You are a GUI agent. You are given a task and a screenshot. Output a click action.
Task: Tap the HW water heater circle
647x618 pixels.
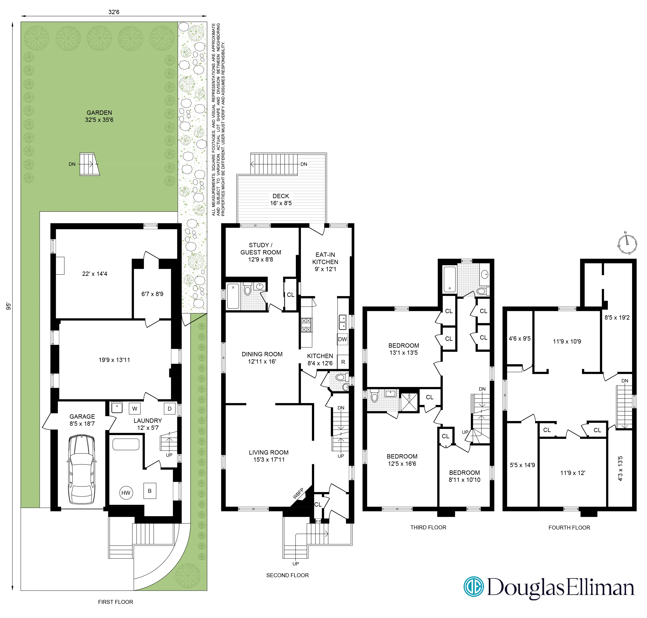click(126, 493)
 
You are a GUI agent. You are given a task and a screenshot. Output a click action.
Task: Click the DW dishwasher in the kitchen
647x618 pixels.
click(343, 339)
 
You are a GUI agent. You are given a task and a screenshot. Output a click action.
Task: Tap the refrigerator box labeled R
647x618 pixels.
click(343, 362)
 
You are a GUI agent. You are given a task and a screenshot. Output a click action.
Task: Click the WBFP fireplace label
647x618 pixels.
click(298, 493)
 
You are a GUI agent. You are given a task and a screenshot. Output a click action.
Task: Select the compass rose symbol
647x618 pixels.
click(627, 244)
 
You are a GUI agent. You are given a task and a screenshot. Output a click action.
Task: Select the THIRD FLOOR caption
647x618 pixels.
click(428, 527)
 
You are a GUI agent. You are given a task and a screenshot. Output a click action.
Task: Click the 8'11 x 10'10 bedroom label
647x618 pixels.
click(464, 476)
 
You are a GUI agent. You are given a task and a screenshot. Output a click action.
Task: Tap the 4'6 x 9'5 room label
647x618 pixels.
click(520, 338)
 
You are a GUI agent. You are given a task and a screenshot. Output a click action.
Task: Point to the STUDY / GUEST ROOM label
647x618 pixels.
click(261, 252)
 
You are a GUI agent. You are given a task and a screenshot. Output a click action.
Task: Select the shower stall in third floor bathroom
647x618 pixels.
click(409, 402)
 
